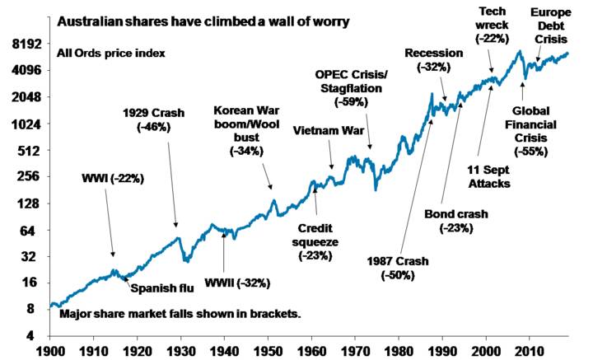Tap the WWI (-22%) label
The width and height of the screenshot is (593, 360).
tap(110, 177)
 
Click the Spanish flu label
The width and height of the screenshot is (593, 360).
tap(159, 288)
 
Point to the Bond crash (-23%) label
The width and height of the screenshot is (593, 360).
tap(455, 222)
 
